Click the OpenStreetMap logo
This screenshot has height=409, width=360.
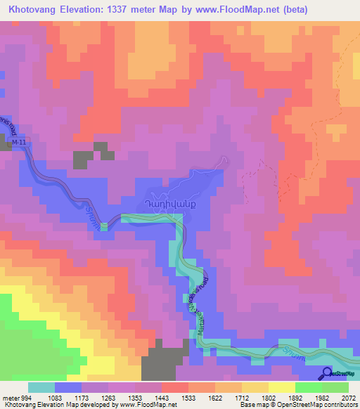coord(340,373)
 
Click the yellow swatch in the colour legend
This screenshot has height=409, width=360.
coord(281,387)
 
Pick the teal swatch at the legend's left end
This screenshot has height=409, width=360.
coord(41,387)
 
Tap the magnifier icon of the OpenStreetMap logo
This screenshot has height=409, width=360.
coord(328,373)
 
